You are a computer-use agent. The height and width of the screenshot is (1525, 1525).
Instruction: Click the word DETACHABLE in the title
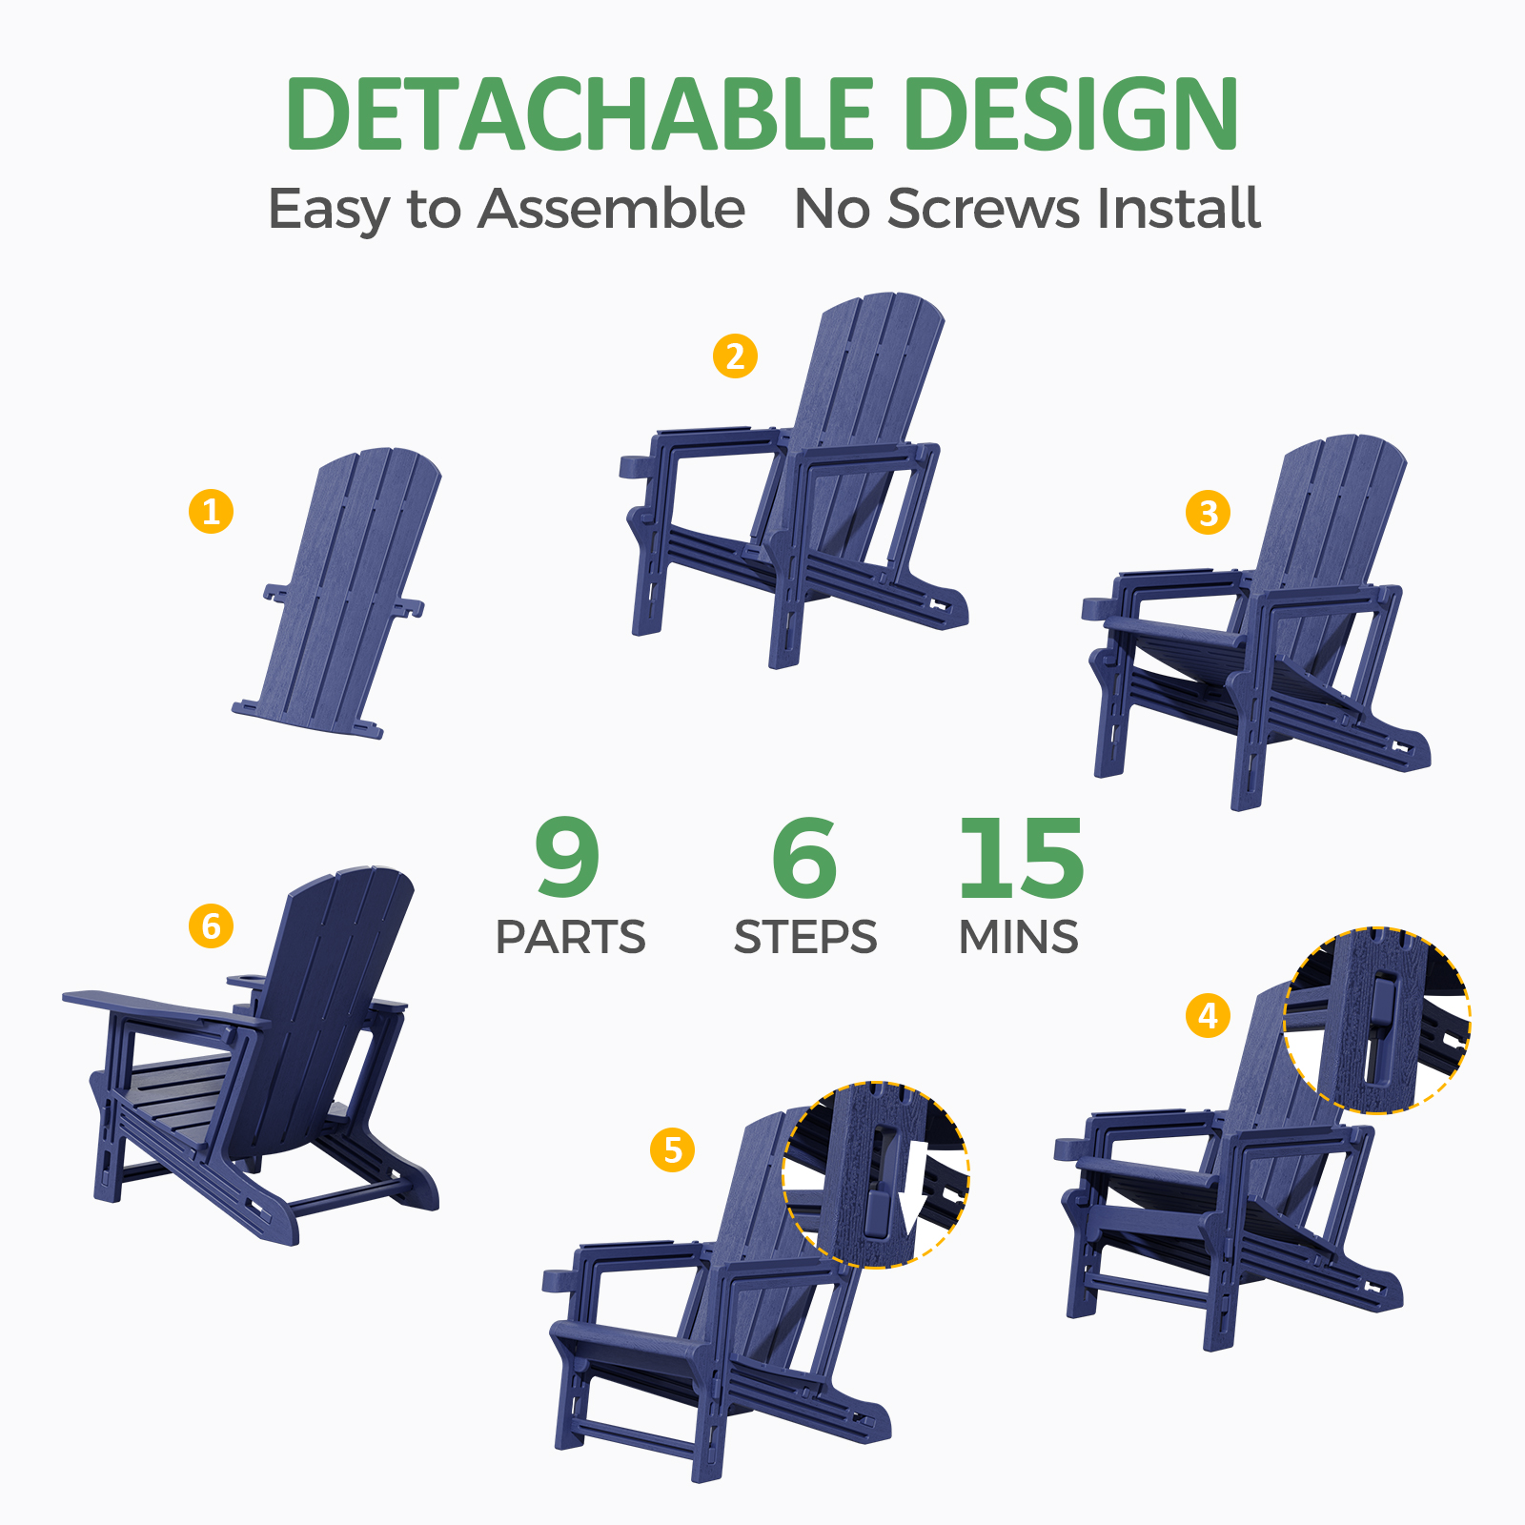579,113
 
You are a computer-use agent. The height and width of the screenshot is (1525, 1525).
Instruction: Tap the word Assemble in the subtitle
611,209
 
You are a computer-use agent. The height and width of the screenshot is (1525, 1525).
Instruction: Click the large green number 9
568,857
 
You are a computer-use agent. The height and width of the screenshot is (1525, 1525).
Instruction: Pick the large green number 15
1021,858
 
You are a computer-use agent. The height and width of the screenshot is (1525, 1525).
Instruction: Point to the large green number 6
804,858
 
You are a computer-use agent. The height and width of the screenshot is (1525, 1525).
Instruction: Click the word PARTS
570,937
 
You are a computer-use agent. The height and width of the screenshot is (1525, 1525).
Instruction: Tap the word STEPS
805,937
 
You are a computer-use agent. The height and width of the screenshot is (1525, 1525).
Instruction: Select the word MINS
1019,937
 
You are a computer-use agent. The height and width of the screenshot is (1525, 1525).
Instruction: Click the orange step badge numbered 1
212,511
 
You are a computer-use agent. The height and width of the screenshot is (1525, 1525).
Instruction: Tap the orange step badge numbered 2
735,356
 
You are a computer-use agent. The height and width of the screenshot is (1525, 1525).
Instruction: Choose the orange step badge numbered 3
1208,512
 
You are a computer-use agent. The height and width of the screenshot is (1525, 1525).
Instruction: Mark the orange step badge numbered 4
1208,1015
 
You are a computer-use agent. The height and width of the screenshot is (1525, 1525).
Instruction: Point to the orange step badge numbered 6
211,925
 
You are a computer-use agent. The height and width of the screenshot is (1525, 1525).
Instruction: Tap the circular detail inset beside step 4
1376,1019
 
